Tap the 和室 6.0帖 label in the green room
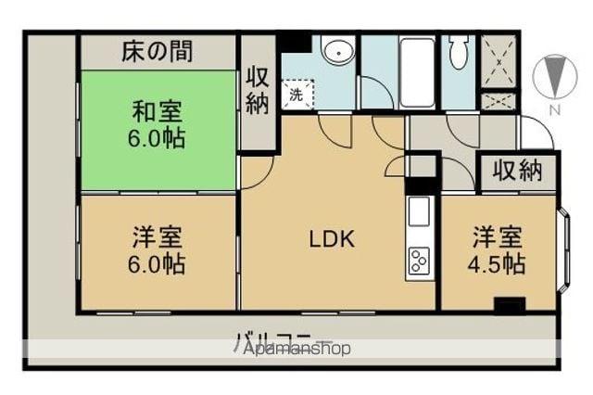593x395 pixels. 157,126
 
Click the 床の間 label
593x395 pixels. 158,52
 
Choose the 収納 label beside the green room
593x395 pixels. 259,91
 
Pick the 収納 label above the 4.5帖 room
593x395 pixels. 516,171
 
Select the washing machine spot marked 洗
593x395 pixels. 297,94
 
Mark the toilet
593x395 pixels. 458,55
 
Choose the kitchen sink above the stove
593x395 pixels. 418,212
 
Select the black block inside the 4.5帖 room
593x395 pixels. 509,305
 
